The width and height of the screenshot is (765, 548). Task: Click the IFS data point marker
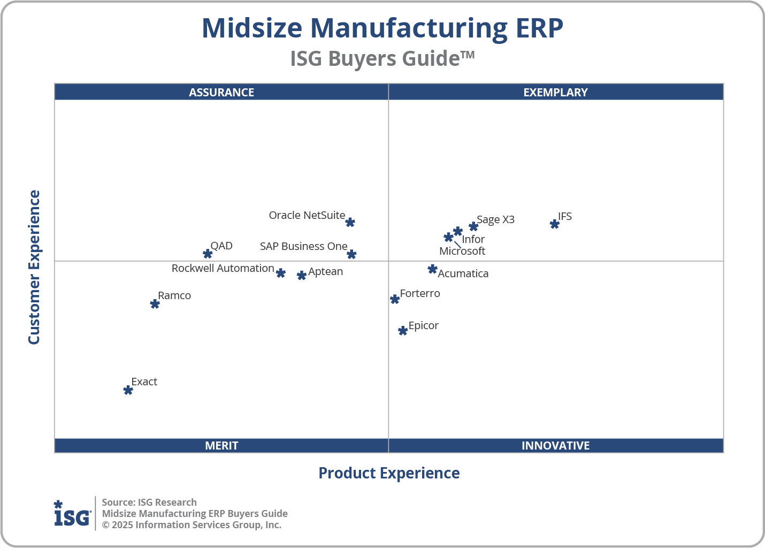point(554,224)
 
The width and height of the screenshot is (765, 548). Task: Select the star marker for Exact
point(128,390)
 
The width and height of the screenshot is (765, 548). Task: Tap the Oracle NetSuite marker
point(350,222)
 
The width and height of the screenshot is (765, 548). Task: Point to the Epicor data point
point(403,331)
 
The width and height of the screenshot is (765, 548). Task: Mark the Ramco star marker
point(155,304)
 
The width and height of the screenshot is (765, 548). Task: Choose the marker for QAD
point(208,254)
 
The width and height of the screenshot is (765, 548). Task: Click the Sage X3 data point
point(473,226)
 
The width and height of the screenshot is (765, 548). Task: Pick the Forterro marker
point(395,299)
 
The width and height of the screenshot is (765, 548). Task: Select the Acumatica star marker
point(432,269)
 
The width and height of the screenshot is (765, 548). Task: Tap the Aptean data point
point(302,276)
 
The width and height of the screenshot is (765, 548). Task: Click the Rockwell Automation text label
point(223,268)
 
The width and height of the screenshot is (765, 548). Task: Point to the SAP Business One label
point(303,246)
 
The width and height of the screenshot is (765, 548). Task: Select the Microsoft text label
point(462,251)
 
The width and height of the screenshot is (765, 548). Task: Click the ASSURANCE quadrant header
point(221,92)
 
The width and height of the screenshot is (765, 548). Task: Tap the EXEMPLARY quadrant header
point(555,92)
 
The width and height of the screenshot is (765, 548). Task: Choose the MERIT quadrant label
point(221,445)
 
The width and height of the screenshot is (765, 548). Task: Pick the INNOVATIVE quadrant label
point(555,445)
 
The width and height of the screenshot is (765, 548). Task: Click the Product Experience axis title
point(389,473)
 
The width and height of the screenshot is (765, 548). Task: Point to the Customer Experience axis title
point(34,268)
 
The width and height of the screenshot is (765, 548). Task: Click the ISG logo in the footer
point(72,514)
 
